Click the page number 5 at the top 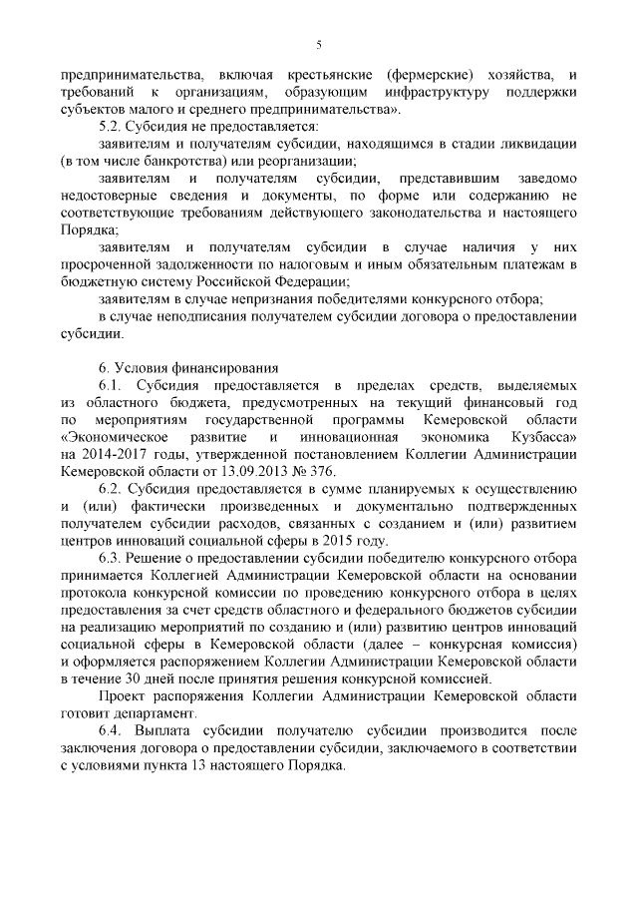pos(318,44)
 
